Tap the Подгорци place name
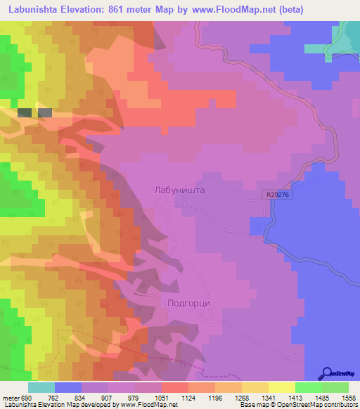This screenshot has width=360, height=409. pos(190,303)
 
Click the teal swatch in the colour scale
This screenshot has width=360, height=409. pos(41,387)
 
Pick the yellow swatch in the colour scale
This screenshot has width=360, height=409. pos(282,387)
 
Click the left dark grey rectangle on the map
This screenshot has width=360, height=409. pos(24,112)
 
